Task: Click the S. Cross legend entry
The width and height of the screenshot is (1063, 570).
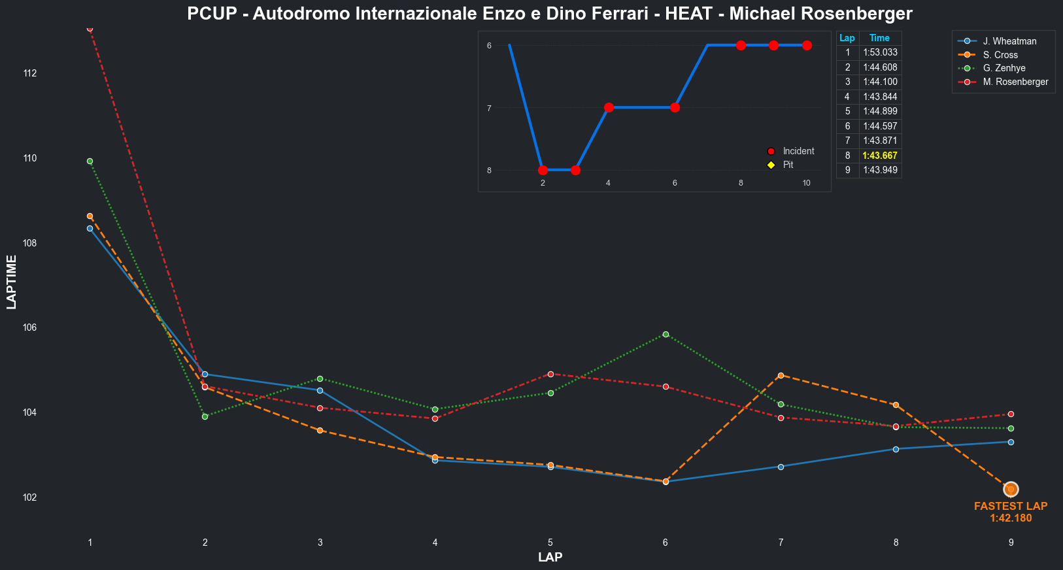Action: (x=1000, y=55)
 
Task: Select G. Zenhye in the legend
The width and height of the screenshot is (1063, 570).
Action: (x=1004, y=68)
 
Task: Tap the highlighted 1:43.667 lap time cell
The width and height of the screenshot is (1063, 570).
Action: (x=879, y=156)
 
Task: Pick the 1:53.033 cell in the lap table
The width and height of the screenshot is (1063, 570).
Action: (x=880, y=52)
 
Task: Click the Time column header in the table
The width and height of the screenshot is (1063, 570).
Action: (x=879, y=38)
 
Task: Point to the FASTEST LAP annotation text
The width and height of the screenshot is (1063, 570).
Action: (x=1010, y=506)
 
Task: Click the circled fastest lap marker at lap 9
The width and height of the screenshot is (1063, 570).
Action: (x=1011, y=489)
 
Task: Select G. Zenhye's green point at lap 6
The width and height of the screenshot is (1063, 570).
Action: (x=666, y=334)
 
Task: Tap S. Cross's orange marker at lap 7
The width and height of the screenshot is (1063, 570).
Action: (x=781, y=375)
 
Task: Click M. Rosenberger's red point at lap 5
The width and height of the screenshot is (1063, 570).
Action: (x=550, y=374)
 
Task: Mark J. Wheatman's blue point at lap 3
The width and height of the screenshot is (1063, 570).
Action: (x=320, y=390)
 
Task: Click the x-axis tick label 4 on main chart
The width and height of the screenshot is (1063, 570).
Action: (x=435, y=543)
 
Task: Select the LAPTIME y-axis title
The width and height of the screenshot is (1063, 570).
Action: (x=12, y=282)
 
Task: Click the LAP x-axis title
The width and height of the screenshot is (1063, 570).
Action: (x=550, y=558)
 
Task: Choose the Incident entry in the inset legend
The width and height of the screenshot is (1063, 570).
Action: (x=798, y=151)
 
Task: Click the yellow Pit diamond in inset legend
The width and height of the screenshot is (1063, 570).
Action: (x=771, y=165)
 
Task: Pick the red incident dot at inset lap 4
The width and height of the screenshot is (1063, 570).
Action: (x=609, y=108)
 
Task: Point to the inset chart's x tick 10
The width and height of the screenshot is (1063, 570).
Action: (x=806, y=183)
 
